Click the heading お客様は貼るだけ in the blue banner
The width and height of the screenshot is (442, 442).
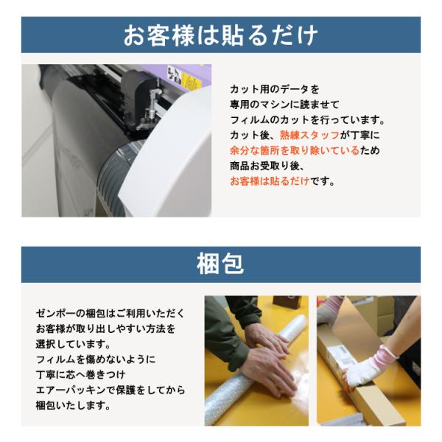coord(221,35)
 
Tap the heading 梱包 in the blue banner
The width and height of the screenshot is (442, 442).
coord(220,264)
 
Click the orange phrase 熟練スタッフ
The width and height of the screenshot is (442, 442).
coord(310,136)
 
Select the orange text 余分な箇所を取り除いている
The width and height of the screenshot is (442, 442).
coord(295,150)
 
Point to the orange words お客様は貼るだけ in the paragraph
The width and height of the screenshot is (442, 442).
coord(270,181)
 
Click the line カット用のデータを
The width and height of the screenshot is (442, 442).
coord(275,89)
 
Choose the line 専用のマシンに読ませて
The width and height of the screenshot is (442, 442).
coord(284,105)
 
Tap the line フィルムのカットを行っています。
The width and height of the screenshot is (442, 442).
coord(308,120)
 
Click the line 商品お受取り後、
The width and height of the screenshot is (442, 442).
coord(267,166)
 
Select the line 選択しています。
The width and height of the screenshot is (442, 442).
coord(73,344)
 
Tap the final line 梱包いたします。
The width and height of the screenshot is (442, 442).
coord(73,405)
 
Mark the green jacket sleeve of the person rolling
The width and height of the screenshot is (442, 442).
coord(225,324)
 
